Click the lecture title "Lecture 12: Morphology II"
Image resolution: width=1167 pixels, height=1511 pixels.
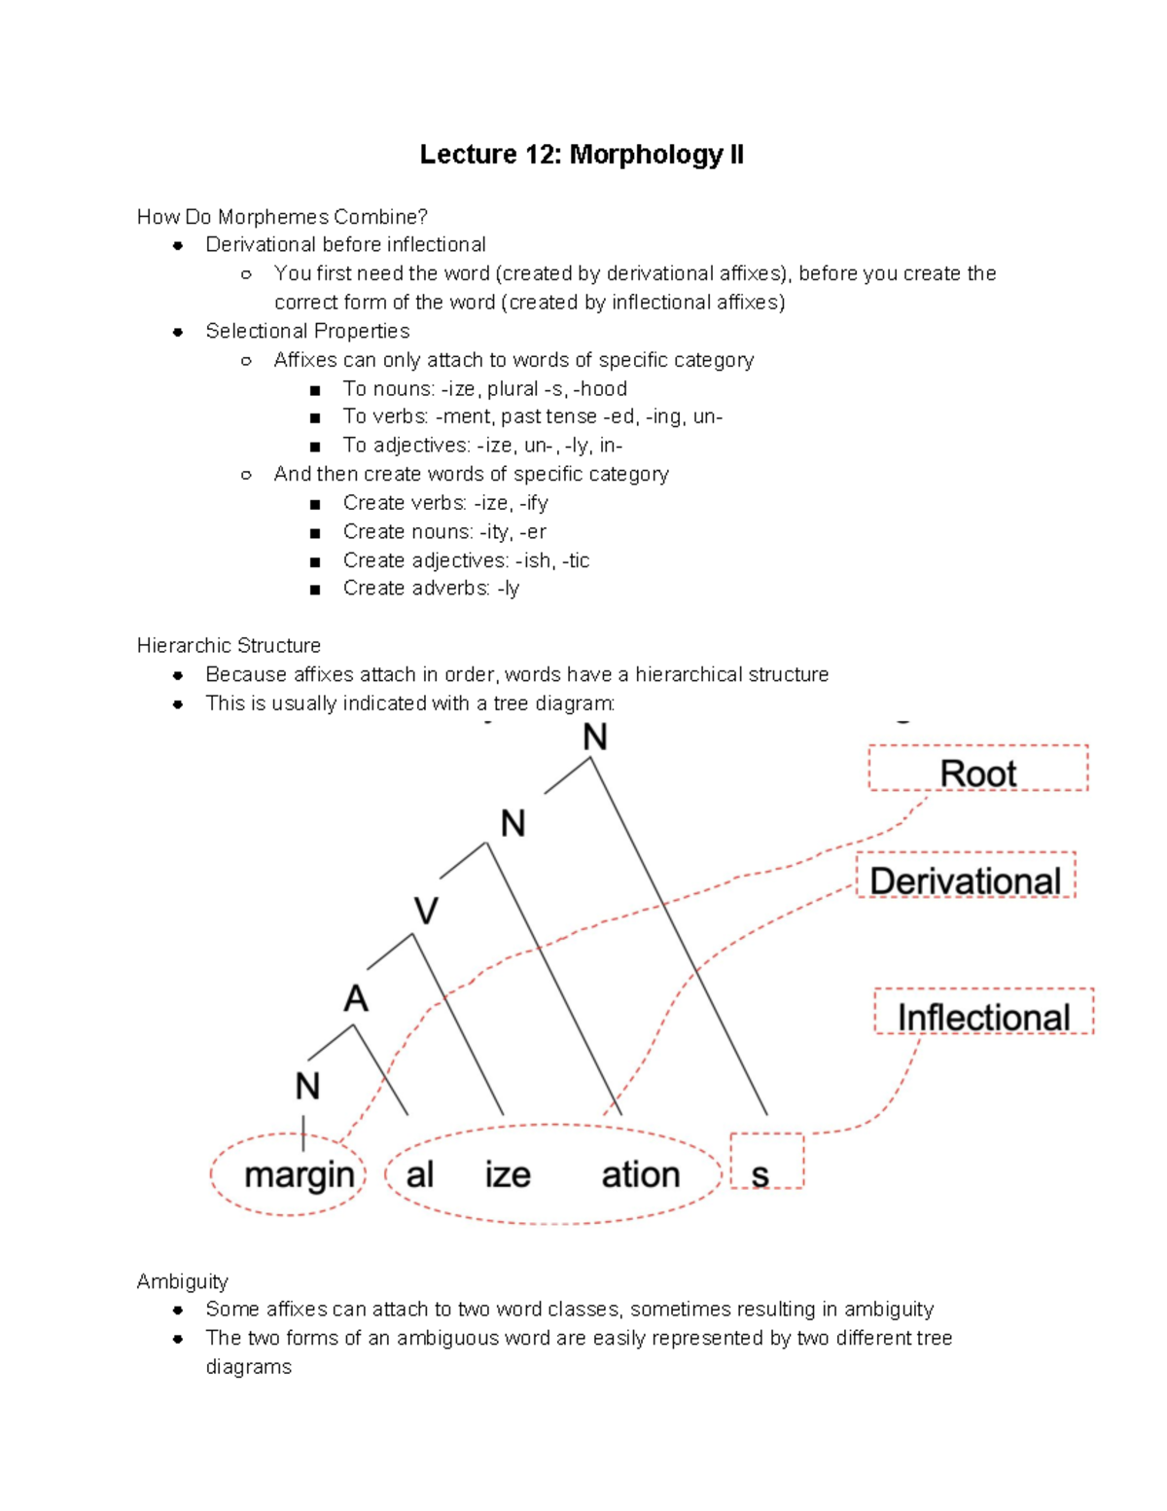tap(582, 155)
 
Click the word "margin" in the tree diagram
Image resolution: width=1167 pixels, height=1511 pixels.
tap(299, 1175)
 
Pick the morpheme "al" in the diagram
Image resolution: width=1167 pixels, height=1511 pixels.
tap(420, 1175)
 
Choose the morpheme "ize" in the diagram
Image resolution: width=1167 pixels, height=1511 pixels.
tap(508, 1175)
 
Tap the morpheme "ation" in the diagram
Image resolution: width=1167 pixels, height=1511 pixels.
tap(640, 1175)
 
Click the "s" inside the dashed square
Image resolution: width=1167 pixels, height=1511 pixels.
tap(760, 1175)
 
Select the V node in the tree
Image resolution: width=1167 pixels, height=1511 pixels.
tap(426, 911)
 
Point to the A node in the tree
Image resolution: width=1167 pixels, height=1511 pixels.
tap(356, 998)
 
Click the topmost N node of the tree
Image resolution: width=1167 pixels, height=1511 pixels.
tap(595, 738)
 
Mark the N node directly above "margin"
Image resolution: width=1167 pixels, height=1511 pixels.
tap(307, 1086)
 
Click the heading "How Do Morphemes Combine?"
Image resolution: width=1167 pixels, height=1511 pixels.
tap(282, 217)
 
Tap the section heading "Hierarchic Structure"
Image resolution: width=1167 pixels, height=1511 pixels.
tap(229, 645)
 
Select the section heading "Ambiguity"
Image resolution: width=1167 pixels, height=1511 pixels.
tap(182, 1280)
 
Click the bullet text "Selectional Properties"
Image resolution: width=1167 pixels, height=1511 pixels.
tap(307, 331)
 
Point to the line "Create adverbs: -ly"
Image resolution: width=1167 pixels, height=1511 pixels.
tap(431, 589)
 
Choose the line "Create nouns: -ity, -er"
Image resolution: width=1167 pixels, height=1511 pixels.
tap(444, 531)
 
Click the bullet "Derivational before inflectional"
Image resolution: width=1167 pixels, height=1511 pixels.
tap(345, 244)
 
